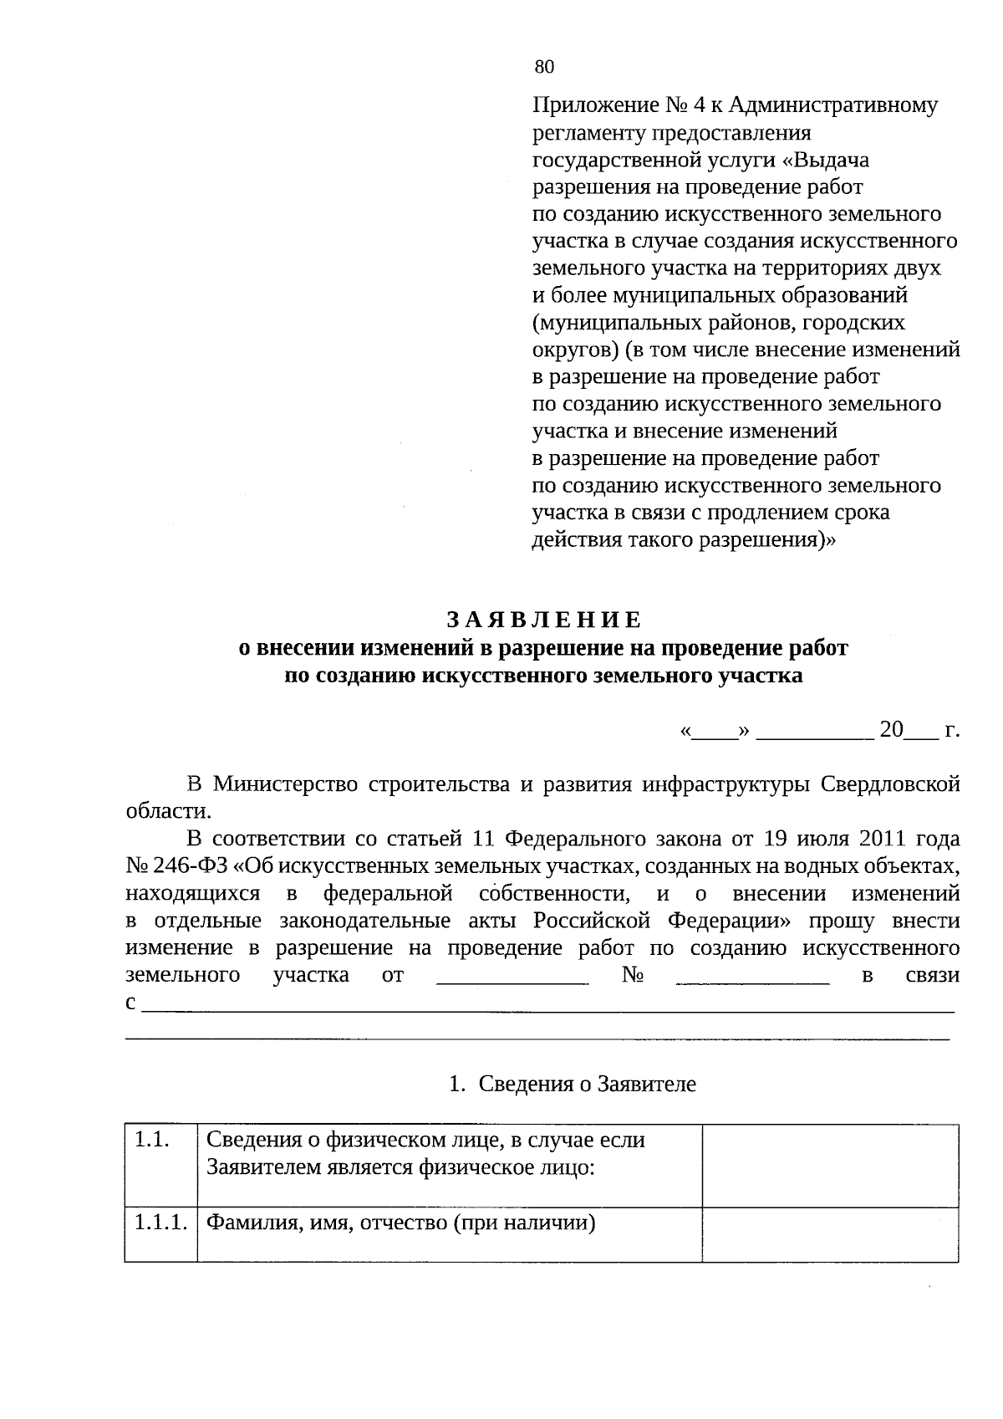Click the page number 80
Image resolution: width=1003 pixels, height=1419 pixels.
coord(544,68)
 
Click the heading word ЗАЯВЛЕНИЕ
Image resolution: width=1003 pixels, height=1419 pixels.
coord(543,620)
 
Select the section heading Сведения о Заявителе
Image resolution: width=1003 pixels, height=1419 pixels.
coord(587,1085)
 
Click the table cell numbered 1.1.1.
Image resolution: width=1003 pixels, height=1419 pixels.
coord(160,1223)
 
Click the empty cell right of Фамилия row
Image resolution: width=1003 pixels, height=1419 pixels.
coord(829,1234)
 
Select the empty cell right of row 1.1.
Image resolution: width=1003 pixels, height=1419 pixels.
coord(829,1166)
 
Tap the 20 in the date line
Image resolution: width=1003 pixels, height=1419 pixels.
coord(892,730)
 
